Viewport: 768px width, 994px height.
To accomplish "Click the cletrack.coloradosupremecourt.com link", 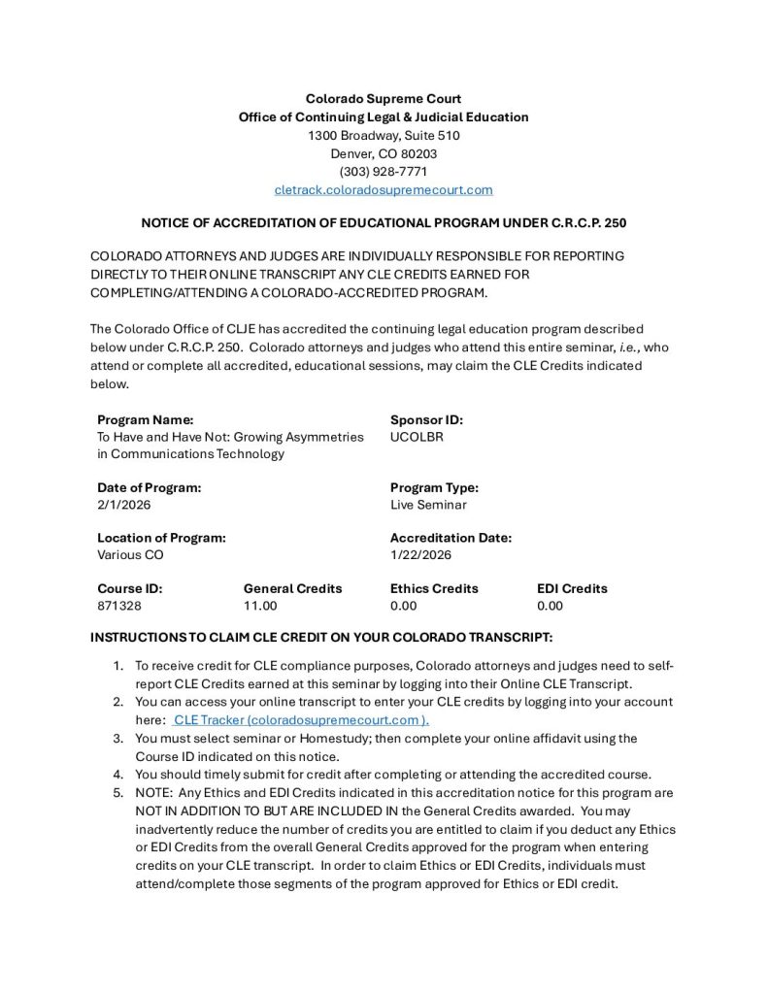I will click(384, 190).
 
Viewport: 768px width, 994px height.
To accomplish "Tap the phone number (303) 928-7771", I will click(384, 172).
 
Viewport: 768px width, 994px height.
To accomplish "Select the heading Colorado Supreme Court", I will click(384, 98).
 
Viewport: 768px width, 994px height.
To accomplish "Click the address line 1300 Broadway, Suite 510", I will click(384, 135).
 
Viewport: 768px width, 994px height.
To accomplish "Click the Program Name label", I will click(145, 420).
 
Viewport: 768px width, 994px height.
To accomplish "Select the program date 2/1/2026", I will click(124, 505).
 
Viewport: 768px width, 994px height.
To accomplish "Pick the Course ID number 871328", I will click(119, 606).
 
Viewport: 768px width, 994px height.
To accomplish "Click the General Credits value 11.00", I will click(260, 606).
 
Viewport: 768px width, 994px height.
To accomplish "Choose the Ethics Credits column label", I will click(434, 588).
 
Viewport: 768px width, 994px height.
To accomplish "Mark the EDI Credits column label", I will click(572, 588).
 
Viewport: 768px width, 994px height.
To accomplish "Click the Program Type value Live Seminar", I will click(428, 505).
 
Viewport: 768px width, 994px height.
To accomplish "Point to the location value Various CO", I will click(130, 555).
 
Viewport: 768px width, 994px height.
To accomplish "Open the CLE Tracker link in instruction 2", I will click(300, 720).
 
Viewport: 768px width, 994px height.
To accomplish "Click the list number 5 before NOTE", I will click(117, 792).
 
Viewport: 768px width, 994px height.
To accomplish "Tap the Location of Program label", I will click(161, 538).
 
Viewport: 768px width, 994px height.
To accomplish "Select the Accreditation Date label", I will click(451, 538).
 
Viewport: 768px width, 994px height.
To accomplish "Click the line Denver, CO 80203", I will click(384, 153).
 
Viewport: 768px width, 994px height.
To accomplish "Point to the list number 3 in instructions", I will click(117, 739).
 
